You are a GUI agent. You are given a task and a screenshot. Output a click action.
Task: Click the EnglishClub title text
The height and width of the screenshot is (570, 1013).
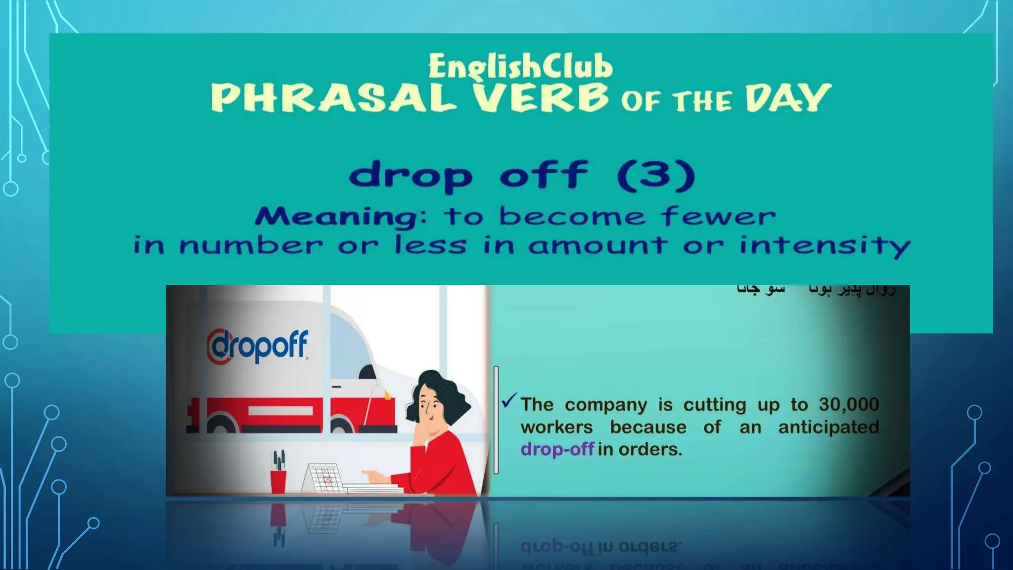pyautogui.click(x=520, y=67)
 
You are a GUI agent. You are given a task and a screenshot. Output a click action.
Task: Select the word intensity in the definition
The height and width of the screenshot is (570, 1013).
pyautogui.click(x=825, y=245)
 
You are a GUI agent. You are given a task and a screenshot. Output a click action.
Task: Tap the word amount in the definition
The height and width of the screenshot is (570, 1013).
pyautogui.click(x=597, y=245)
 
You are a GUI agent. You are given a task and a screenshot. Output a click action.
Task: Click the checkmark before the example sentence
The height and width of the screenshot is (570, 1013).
pyautogui.click(x=508, y=400)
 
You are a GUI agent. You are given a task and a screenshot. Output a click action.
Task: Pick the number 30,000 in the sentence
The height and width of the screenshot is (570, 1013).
pyautogui.click(x=848, y=405)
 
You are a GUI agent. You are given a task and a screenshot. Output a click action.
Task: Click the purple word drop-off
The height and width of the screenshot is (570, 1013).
pyautogui.click(x=557, y=449)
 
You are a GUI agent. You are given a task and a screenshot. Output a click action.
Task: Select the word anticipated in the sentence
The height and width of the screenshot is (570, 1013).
pyautogui.click(x=829, y=427)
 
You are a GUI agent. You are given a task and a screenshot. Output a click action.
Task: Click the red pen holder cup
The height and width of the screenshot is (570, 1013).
pyautogui.click(x=278, y=481)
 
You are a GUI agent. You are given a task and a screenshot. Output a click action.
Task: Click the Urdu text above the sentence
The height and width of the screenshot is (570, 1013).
pyautogui.click(x=816, y=291)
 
